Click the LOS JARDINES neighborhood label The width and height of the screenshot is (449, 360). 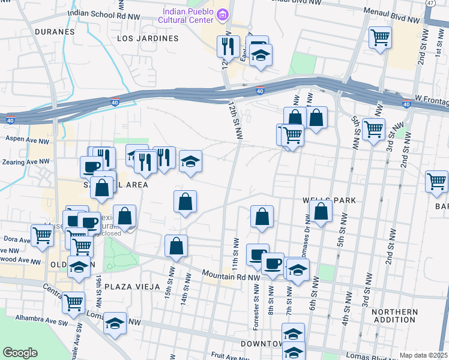point(148,38)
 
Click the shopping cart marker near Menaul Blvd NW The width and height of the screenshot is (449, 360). point(381,38)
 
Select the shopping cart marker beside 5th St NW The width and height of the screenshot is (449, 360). point(373,129)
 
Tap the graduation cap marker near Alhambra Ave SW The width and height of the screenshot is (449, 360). point(115,324)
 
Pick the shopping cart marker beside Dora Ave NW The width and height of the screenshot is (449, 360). point(43,235)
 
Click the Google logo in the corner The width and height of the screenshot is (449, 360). point(20,353)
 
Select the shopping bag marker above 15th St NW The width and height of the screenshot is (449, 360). point(176,246)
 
